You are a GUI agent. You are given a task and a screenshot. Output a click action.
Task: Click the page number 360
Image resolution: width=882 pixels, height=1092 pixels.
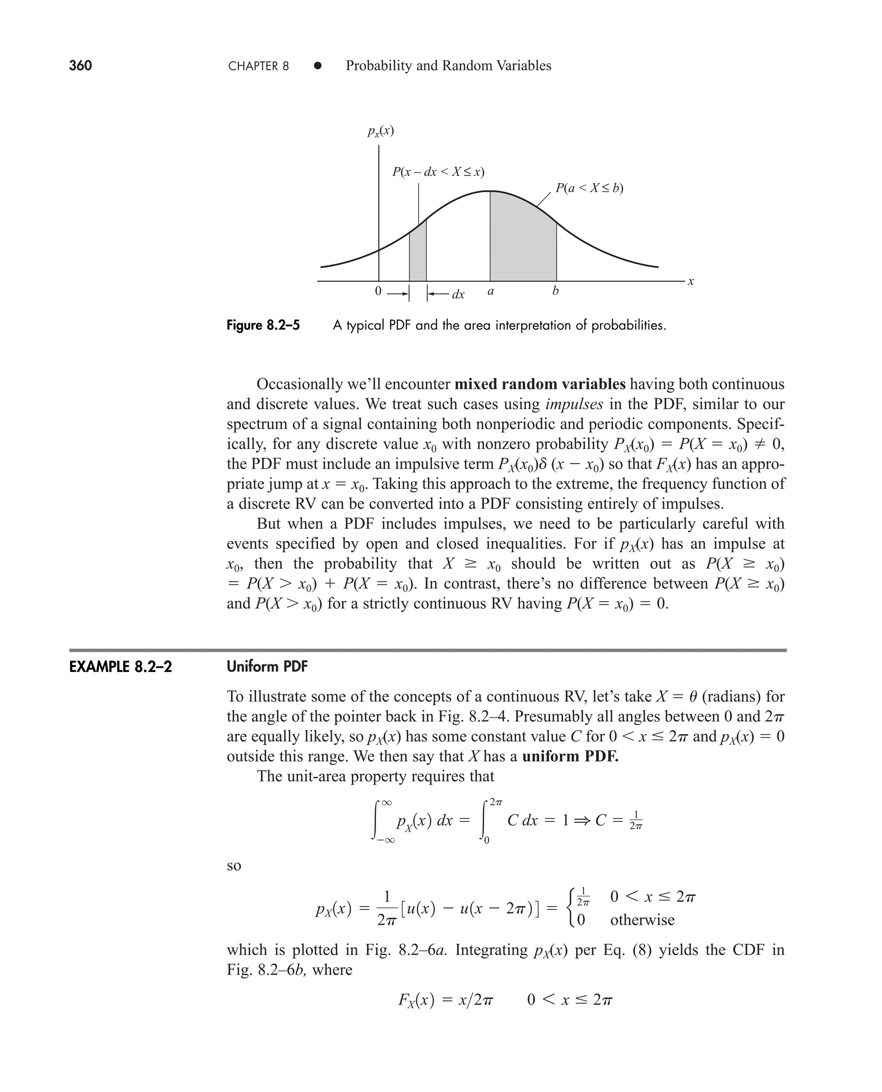pos(80,65)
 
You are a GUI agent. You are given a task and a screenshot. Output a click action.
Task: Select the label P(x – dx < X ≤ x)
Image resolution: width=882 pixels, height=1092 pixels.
pos(438,172)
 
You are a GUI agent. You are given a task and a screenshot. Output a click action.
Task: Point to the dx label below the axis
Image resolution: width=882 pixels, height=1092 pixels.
pos(458,295)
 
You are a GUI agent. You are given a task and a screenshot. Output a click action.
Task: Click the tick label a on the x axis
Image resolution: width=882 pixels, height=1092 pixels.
pos(490,292)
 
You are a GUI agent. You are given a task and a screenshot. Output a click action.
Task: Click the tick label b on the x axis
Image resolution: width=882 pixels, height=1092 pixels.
pos(555,291)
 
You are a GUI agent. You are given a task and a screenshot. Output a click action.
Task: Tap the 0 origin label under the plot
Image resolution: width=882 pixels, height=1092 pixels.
pos(378,291)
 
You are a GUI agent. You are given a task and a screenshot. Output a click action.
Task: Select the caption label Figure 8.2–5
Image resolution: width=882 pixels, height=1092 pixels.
pos(263,325)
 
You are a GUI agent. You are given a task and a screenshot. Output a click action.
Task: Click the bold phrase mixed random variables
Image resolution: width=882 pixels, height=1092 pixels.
pos(540,384)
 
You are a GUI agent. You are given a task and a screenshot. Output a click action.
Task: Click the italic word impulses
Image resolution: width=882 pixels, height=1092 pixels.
pos(574,404)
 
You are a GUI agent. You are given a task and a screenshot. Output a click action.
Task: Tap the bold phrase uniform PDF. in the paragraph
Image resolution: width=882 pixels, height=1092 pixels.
pos(570,756)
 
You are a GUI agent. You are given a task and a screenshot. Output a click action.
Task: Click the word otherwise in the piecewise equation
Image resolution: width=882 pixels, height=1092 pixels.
pos(642,920)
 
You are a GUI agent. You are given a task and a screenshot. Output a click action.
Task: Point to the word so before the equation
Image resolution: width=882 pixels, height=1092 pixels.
pos(234,865)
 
